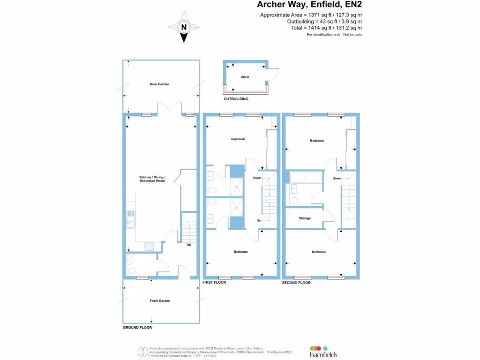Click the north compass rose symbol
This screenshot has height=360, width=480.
tap(183, 27)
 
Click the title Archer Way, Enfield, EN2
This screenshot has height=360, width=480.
tap(309, 5)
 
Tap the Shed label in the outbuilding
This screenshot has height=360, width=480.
tap(245, 77)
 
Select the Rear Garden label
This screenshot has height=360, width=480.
tap(159, 84)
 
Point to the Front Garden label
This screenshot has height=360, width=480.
tap(160, 301)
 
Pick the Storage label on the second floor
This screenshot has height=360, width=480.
tap(305, 218)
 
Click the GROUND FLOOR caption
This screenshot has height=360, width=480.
tap(137, 328)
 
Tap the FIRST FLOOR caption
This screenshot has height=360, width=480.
tap(214, 283)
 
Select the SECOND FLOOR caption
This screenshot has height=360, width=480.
tap(296, 283)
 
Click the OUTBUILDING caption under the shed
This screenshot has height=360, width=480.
tap(236, 99)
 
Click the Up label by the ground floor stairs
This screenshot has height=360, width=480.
tap(189, 245)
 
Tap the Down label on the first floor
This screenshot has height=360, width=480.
tap(257, 178)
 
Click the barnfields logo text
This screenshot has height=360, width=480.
tap(323, 355)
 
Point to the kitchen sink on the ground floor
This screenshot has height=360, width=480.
tap(131, 216)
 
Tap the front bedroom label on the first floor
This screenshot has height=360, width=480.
tap(240, 252)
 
